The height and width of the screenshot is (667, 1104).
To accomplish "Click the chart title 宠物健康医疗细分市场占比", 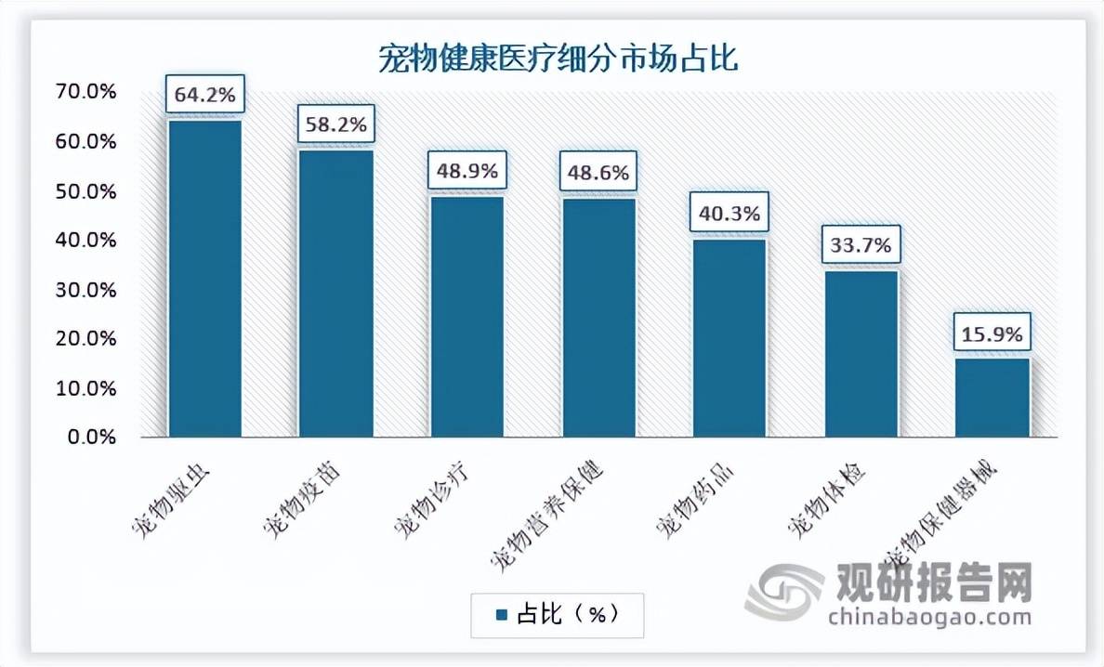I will coord(558,59).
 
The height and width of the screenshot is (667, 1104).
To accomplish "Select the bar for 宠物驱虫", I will coord(204,279).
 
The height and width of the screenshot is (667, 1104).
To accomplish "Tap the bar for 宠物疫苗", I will coord(335,294).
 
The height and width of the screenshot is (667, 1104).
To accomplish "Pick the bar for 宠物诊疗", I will coord(467,316).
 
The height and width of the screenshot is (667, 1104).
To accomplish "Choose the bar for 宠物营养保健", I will coord(598,317).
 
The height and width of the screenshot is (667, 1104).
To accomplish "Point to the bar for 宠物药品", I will coord(729,337).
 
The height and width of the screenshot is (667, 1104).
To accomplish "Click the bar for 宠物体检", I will coord(861,353).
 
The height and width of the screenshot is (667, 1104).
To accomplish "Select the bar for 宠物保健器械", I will coord(992,398).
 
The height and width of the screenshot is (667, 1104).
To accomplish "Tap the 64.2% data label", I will coord(204,94).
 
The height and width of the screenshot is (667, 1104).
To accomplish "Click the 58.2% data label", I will coord(335,124).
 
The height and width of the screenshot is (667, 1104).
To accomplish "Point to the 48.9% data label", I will coord(467,171).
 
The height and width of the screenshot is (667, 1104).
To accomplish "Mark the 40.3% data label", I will coord(729,213).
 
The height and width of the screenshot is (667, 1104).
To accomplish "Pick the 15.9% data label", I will coord(992,333).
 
